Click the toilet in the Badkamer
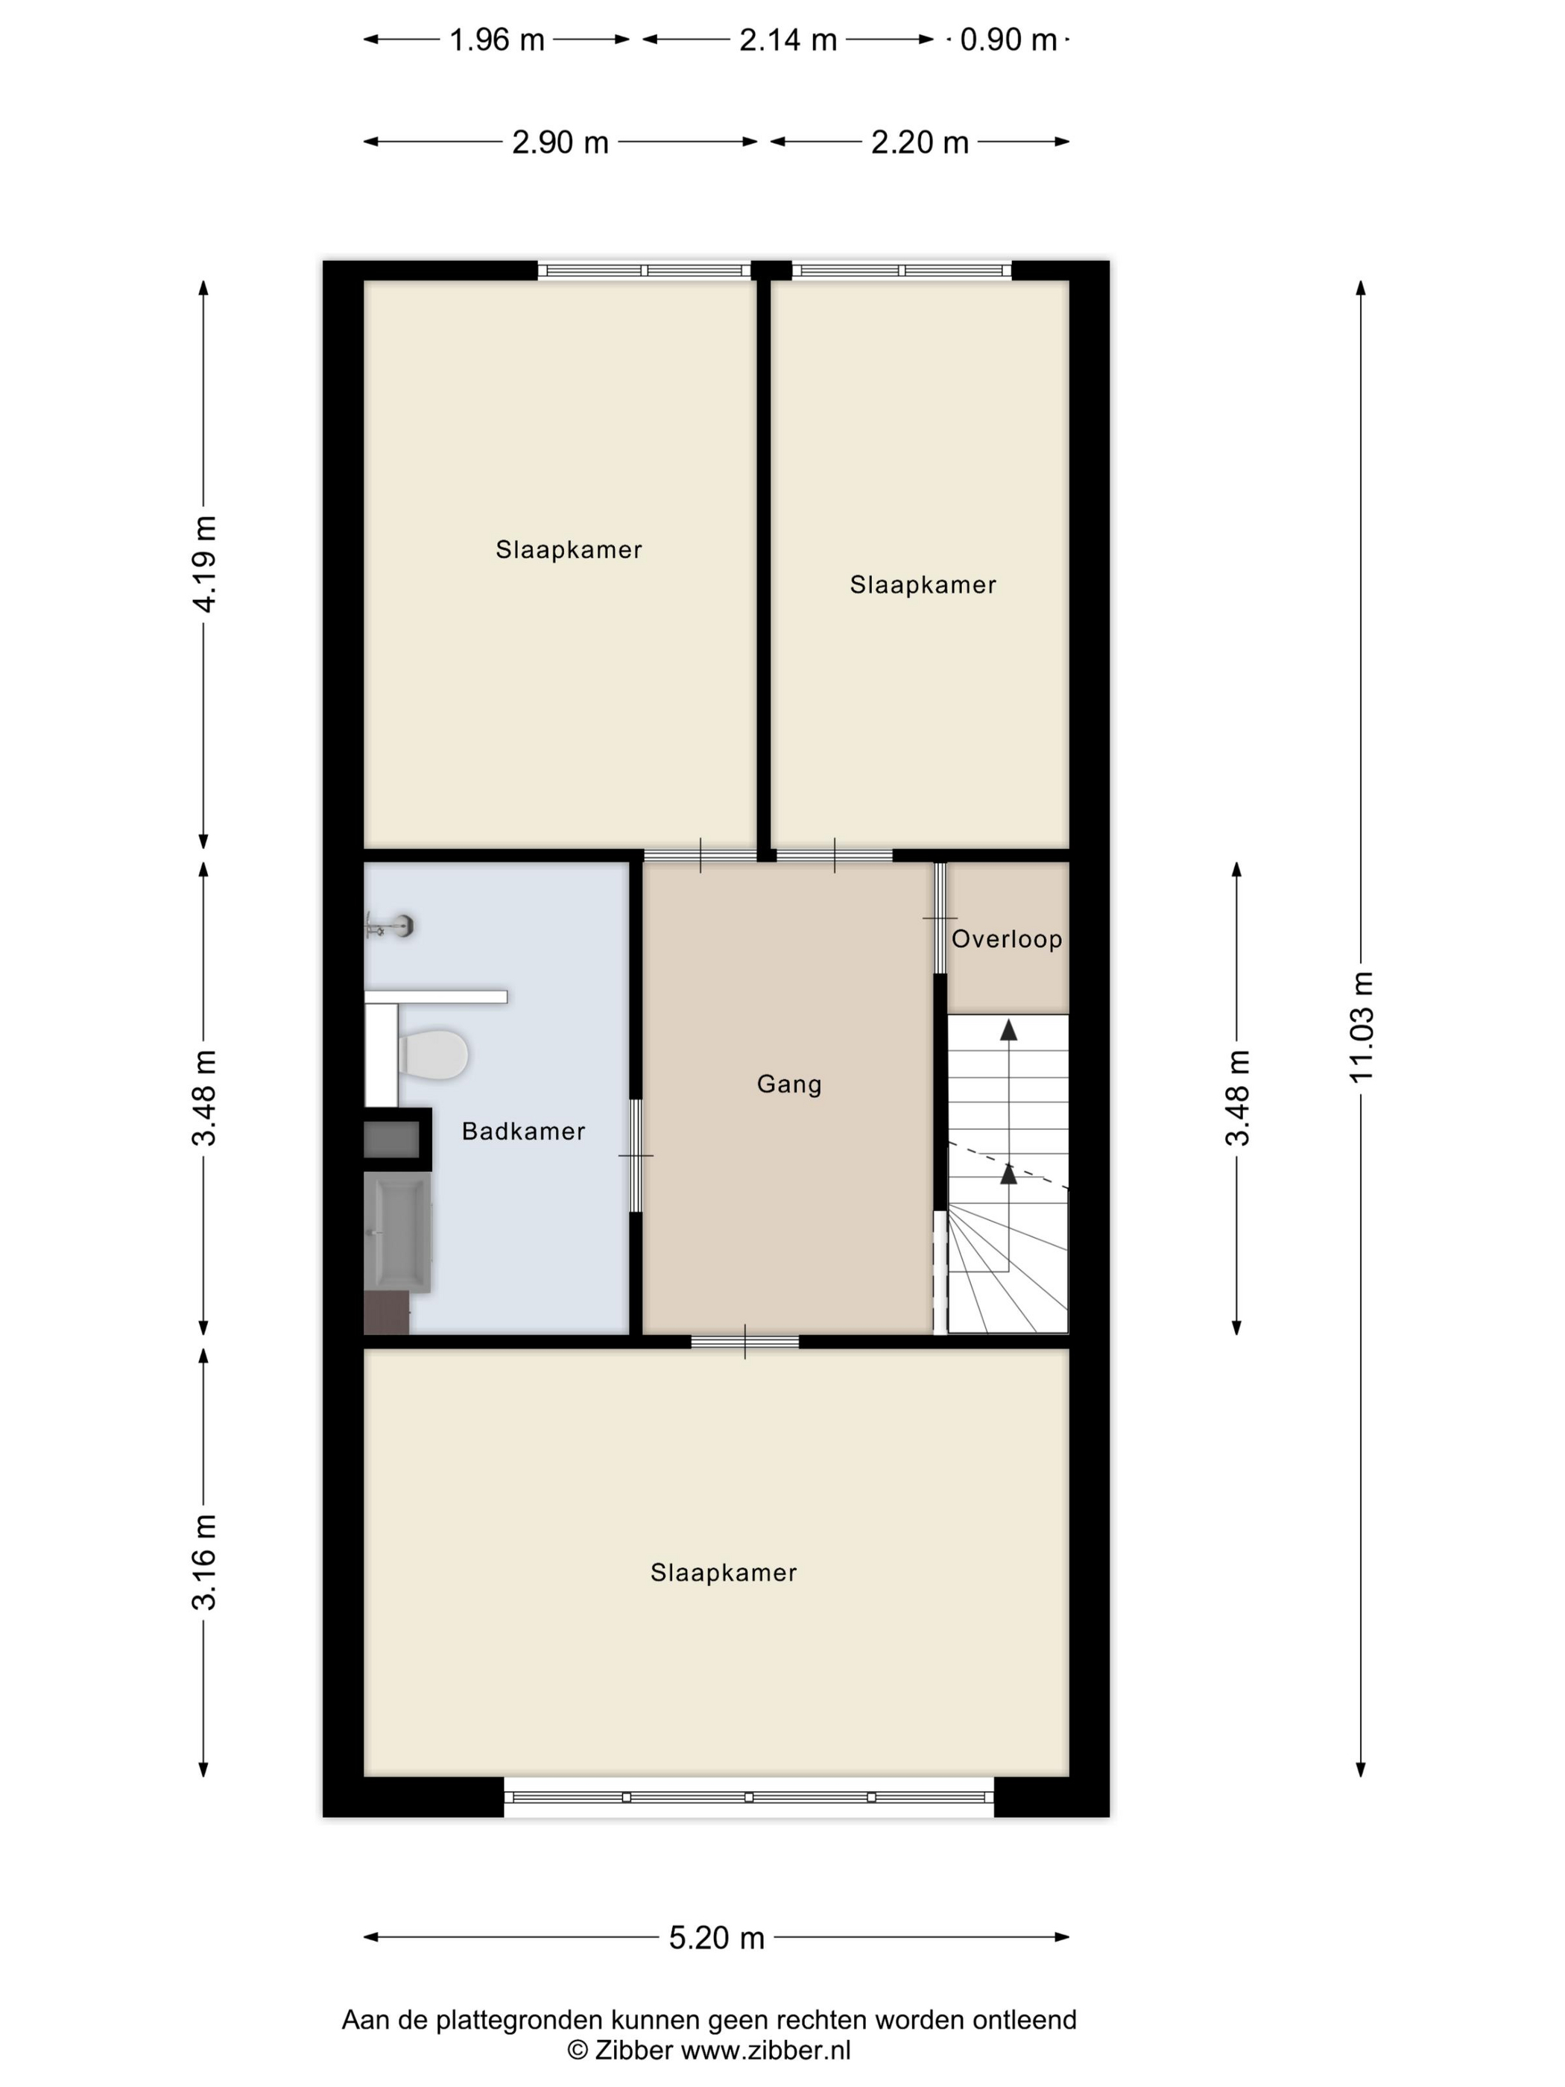point(433,1054)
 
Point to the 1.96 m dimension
point(497,40)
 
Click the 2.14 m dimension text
point(788,40)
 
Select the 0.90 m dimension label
point(1008,40)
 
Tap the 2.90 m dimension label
point(560,142)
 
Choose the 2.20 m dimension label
point(920,142)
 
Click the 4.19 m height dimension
point(203,564)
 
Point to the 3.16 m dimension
point(203,1562)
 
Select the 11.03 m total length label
point(1362,1026)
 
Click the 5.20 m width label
point(717,1938)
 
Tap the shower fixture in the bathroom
point(390,926)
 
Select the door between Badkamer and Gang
point(636,1156)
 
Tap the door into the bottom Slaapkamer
point(745,1342)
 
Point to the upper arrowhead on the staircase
point(1008,1029)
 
